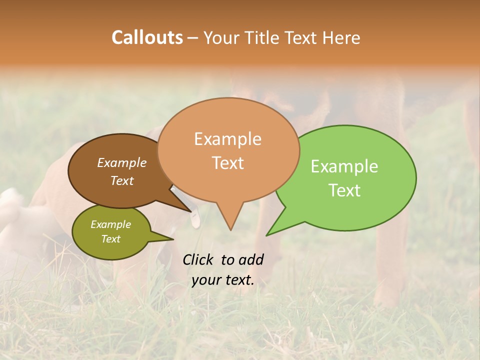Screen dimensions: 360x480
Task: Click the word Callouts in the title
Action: pos(147,37)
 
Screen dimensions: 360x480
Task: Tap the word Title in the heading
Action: pos(263,37)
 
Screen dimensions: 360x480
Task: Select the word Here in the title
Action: pos(341,37)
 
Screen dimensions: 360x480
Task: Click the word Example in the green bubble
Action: pos(344,166)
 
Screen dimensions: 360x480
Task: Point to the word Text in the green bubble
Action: pos(344,190)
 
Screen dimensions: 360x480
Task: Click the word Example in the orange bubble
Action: pos(227,139)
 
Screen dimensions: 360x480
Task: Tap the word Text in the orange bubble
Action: pos(227,163)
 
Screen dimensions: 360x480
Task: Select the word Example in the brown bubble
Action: pos(122,162)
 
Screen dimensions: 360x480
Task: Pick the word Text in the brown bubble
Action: pos(122,180)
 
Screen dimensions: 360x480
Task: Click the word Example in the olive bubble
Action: pos(110,224)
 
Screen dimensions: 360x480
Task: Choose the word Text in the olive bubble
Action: pos(110,239)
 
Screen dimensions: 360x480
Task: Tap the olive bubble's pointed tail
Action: pos(170,239)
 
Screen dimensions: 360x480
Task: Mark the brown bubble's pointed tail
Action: pos(190,211)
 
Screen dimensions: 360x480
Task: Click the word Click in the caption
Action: pos(199,259)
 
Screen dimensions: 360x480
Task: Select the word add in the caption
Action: pos(251,259)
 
